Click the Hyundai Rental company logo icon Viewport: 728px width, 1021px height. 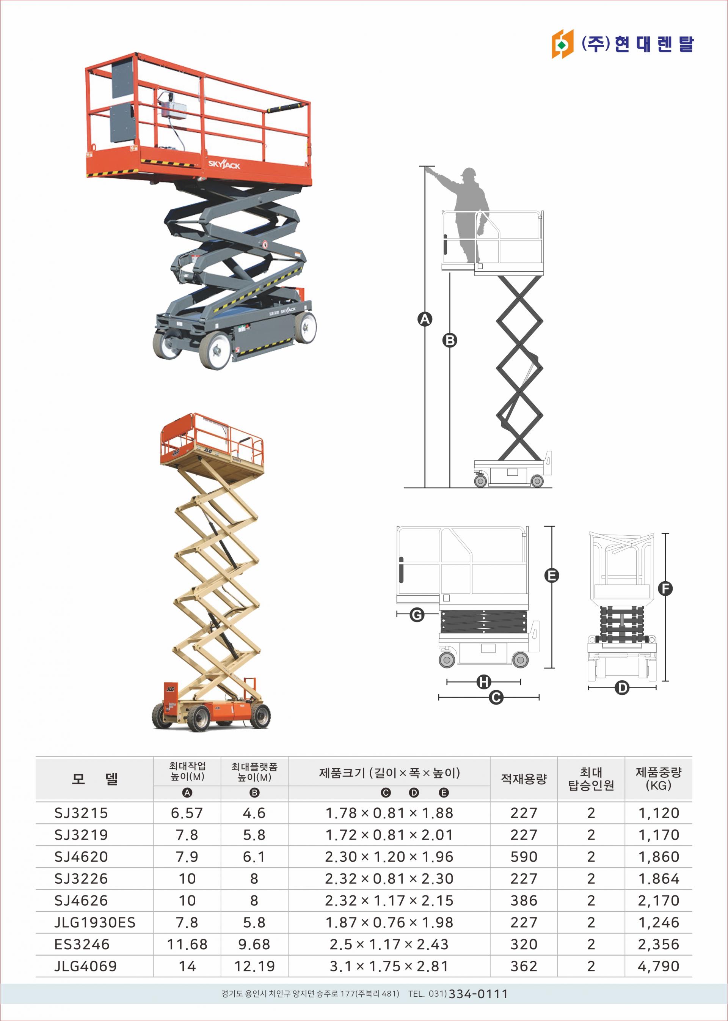[562, 44]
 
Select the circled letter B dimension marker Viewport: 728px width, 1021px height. [450, 340]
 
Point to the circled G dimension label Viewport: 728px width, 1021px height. [417, 614]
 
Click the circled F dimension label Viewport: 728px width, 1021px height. [665, 588]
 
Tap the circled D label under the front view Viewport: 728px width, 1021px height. [622, 688]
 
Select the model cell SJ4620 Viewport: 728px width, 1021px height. [81, 857]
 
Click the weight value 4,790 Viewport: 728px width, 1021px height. [659, 966]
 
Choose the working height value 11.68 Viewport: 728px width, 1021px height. [187, 944]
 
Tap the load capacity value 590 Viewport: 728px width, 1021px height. [524, 857]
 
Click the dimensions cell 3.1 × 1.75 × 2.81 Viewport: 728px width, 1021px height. [389, 966]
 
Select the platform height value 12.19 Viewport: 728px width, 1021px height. [255, 966]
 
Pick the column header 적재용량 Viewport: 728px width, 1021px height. [524, 779]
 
